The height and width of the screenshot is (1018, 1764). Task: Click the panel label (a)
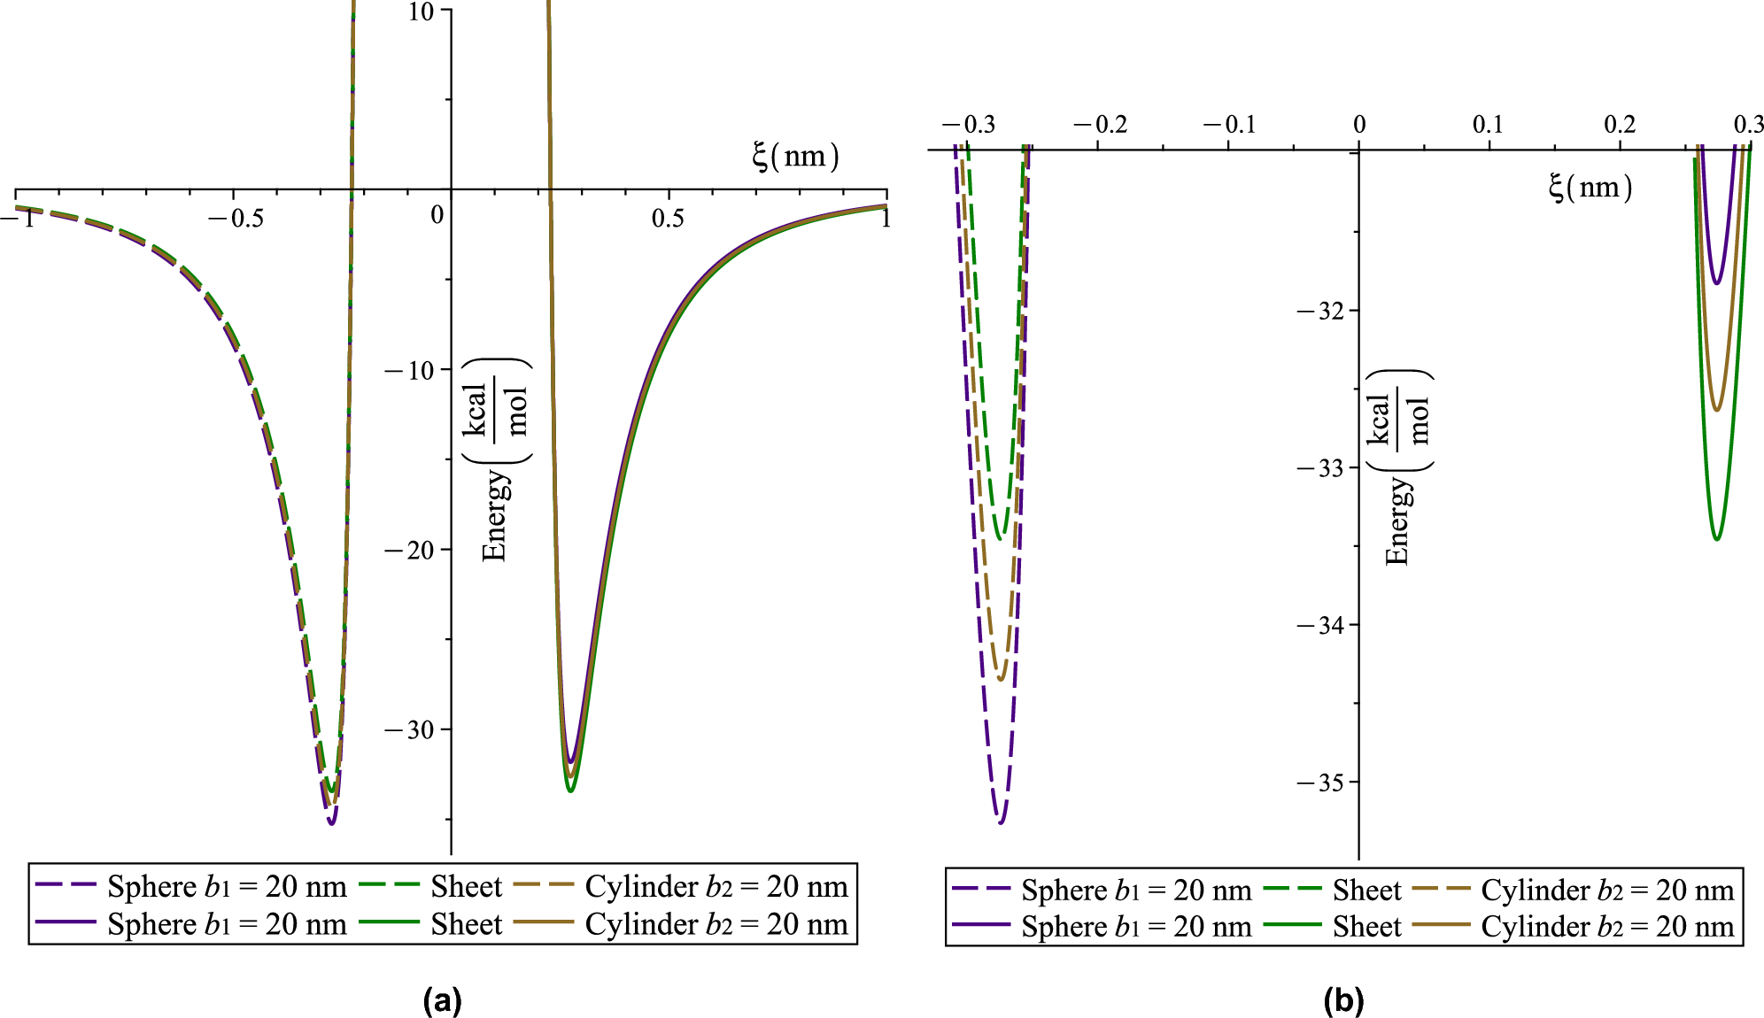(442, 1000)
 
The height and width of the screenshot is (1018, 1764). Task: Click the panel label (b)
(1343, 1000)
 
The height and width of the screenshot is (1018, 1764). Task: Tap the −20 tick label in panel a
(408, 551)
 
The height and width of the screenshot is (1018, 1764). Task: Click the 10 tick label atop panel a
(422, 12)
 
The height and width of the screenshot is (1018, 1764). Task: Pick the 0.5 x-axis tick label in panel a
(668, 218)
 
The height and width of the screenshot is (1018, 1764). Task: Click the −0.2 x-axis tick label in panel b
(1100, 125)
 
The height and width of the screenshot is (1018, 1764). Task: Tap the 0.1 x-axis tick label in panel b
(1489, 125)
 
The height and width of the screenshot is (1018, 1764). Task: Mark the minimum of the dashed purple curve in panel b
(1001, 822)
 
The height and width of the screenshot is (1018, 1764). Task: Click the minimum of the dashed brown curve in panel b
(1001, 679)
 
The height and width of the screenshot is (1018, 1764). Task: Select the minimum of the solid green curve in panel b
(1717, 538)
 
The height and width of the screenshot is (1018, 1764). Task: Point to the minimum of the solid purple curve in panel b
(1717, 283)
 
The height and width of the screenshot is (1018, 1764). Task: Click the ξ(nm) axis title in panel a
(794, 157)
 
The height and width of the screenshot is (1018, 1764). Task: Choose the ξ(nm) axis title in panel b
(1590, 188)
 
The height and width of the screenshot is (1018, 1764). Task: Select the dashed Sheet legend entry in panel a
(431, 887)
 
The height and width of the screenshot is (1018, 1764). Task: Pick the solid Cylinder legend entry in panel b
(1573, 927)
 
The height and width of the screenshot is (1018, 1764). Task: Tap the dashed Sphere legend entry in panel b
(1102, 890)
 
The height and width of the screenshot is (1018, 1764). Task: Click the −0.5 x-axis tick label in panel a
(236, 218)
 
